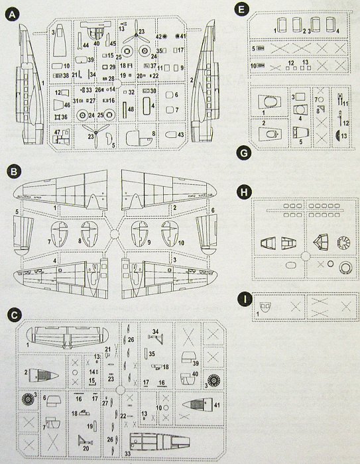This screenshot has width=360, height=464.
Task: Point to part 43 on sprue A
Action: [x=173, y=135]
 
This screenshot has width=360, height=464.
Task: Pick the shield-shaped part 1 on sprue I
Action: [x=265, y=308]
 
